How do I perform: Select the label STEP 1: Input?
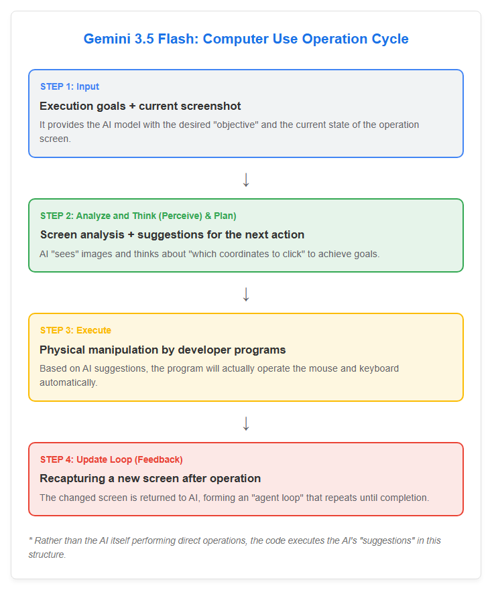tap(70, 86)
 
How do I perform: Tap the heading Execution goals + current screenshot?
tap(140, 106)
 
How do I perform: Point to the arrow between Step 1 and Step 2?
tap(246, 179)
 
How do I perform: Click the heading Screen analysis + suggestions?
tap(172, 235)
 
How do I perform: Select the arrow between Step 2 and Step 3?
tap(246, 294)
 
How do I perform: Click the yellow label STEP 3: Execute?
tap(76, 330)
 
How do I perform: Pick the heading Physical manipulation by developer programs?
tap(162, 350)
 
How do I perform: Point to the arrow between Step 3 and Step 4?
tap(246, 424)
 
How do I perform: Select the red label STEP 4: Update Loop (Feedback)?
tap(111, 459)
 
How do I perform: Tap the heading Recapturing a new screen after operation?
tap(150, 478)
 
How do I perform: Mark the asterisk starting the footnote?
tap(30, 539)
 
